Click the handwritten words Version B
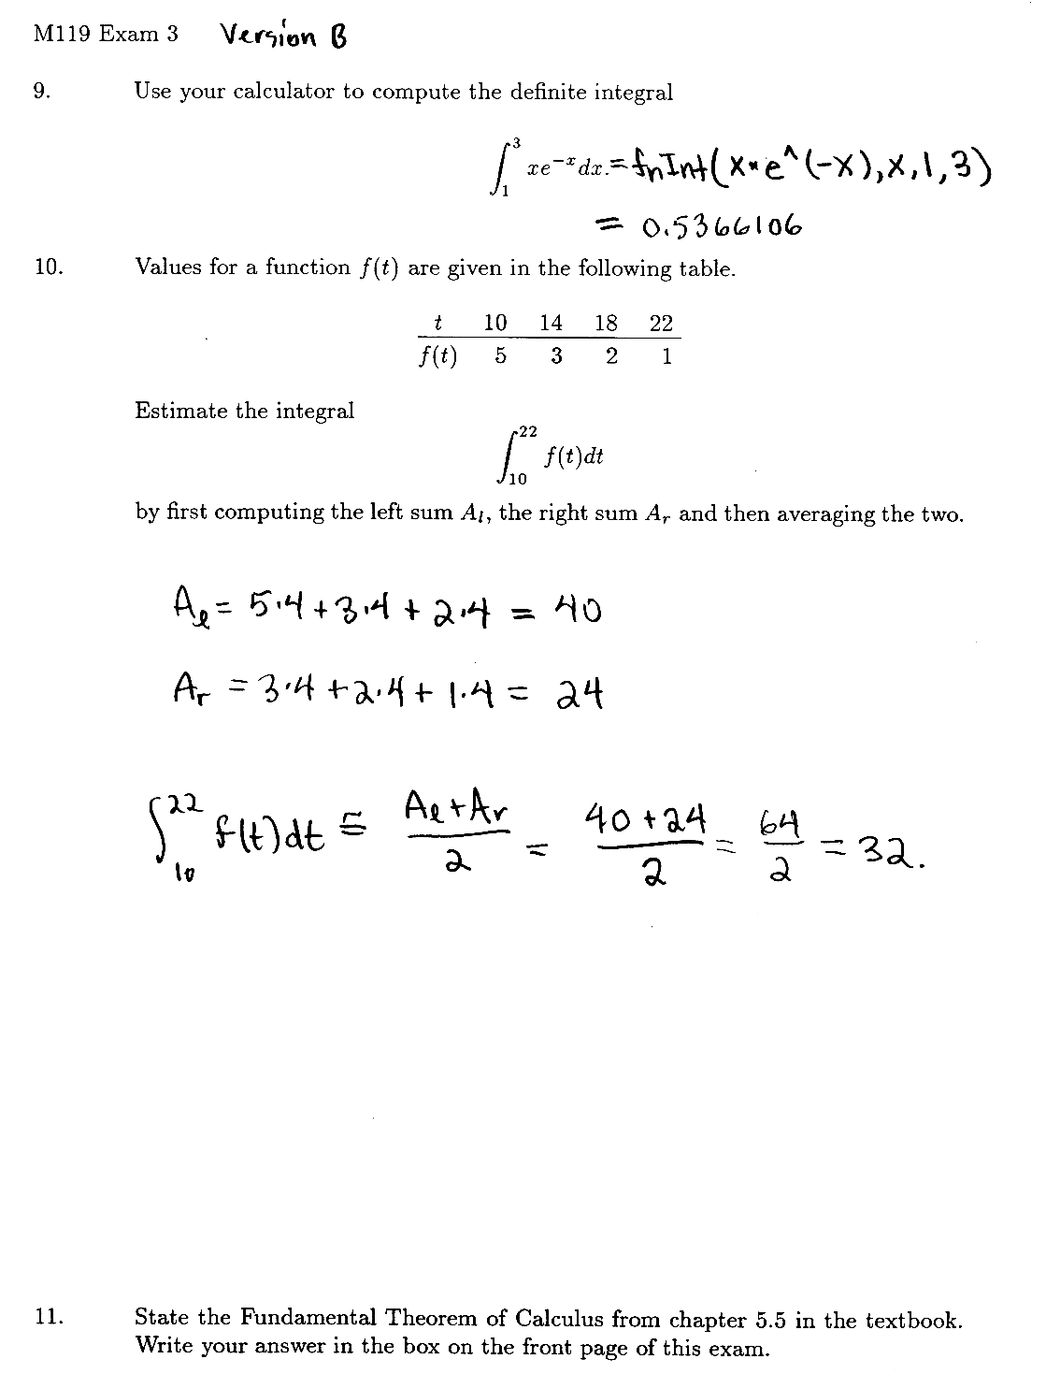point(283,36)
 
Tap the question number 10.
point(49,267)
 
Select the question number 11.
point(49,1318)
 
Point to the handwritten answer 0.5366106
point(721,227)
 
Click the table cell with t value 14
point(551,324)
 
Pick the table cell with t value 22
point(661,324)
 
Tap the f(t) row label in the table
point(437,356)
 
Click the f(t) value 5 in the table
point(500,356)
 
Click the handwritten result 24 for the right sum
point(580,694)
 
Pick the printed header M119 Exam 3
point(106,35)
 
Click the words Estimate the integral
point(245,411)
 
